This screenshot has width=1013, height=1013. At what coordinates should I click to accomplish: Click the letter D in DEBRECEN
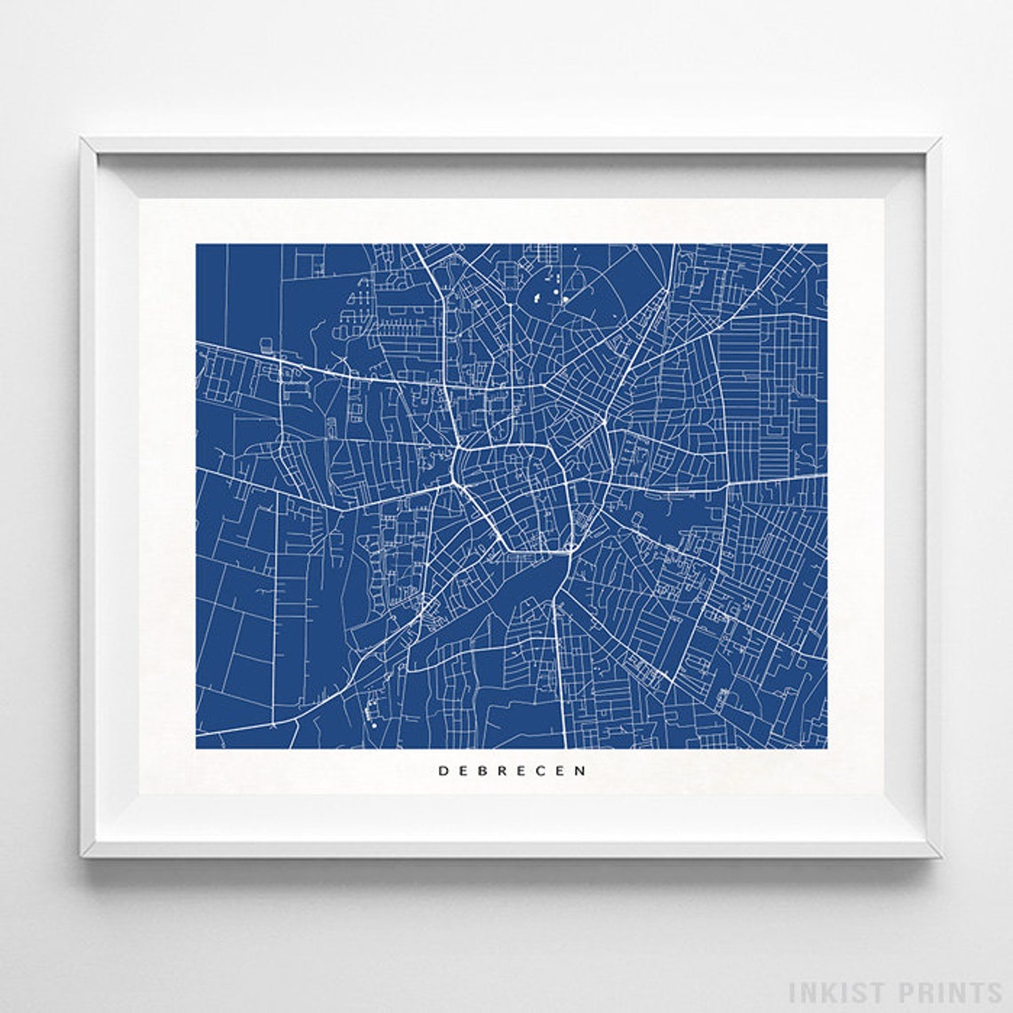442,771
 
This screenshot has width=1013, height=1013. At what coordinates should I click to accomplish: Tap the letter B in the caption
482,771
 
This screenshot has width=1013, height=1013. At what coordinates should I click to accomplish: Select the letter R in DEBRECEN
501,771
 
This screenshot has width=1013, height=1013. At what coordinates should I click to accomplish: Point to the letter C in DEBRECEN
542,771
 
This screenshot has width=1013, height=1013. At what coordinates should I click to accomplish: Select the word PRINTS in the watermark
941,992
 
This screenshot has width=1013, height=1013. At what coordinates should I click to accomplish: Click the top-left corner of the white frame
82,140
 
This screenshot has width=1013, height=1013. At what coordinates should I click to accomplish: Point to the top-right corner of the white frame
939,140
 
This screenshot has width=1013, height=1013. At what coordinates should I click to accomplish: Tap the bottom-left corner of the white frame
82,856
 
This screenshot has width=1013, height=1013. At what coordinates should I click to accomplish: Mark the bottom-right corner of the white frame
939,856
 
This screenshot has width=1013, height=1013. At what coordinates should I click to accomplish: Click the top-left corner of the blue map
196,245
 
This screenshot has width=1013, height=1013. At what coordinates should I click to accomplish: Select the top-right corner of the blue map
826,245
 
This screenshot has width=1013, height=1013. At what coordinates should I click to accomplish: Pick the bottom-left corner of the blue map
196,747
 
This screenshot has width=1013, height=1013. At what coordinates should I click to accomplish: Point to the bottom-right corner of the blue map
826,747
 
